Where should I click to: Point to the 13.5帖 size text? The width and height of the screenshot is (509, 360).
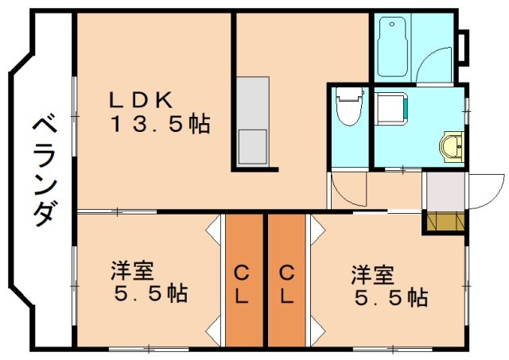[x=160, y=124]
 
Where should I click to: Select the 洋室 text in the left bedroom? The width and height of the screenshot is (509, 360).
[x=132, y=271]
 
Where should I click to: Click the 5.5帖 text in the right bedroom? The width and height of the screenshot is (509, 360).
[x=389, y=298]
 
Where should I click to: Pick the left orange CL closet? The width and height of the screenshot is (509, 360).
[x=243, y=282]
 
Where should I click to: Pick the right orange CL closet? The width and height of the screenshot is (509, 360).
[x=286, y=282]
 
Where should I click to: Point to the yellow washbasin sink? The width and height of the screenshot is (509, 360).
[x=452, y=146]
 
